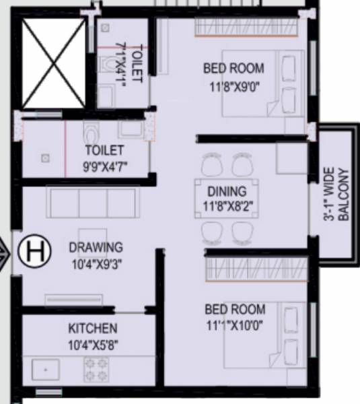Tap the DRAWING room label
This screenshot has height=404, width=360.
96,247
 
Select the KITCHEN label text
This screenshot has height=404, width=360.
93,329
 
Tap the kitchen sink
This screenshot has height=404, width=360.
45,369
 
